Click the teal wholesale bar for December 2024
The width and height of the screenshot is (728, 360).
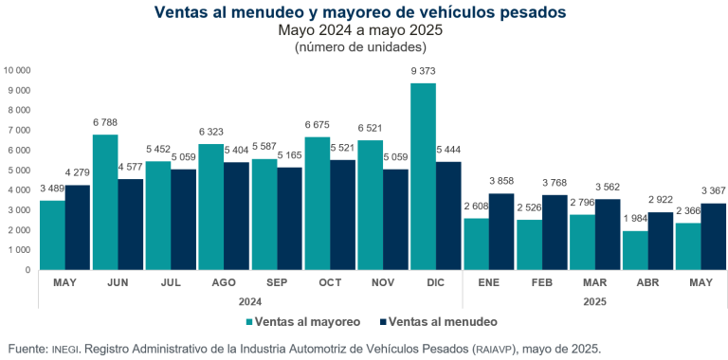click(423, 176)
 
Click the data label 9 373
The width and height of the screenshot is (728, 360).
click(423, 73)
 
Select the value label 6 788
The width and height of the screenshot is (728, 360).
click(104, 124)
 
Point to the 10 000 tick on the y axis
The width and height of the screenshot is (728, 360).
click(18, 70)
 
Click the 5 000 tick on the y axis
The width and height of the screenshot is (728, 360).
click(20, 170)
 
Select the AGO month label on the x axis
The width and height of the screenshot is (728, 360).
click(224, 283)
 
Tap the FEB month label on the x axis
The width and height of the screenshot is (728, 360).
click(542, 283)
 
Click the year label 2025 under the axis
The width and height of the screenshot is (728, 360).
click(595, 302)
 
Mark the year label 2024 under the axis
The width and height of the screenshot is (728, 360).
click(250, 302)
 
